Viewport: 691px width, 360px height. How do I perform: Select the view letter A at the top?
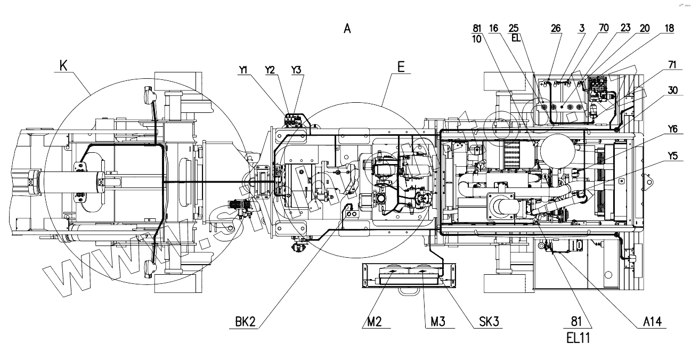[347, 29]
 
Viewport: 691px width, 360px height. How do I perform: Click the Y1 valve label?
[244, 69]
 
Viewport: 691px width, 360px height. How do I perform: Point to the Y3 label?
[296, 69]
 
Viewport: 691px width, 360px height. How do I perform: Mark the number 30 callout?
[671, 91]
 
